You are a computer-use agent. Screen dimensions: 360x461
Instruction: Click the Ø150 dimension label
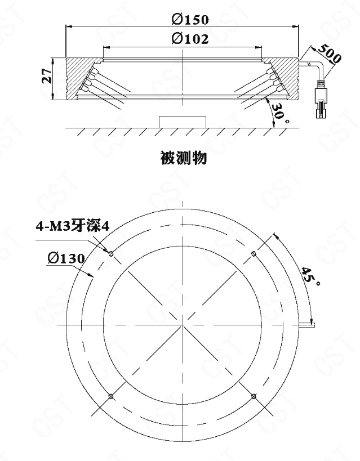[x=190, y=19]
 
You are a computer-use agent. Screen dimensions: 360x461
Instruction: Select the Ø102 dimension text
[x=190, y=38]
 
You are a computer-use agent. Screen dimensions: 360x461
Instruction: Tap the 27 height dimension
[x=47, y=76]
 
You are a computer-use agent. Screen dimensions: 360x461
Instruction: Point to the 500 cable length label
[x=330, y=53]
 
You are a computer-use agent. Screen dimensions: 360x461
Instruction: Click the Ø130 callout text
[x=66, y=258]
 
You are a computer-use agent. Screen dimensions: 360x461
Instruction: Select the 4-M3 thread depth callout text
[x=73, y=226]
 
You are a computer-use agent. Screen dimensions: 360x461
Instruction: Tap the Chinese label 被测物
[x=184, y=158]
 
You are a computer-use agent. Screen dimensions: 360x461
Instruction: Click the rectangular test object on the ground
[x=183, y=122]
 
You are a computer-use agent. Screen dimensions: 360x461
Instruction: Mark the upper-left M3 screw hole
[x=111, y=253]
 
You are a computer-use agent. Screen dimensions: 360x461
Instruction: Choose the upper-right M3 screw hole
[x=254, y=253]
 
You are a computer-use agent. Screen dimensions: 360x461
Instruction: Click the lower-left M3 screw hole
[x=111, y=396]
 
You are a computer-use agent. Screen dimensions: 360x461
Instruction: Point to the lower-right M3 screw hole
[x=254, y=396]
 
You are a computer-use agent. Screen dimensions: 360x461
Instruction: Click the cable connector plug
[x=321, y=100]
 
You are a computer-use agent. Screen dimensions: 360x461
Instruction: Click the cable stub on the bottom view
[x=307, y=325]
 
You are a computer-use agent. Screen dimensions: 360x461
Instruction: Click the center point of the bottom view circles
[x=183, y=325]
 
